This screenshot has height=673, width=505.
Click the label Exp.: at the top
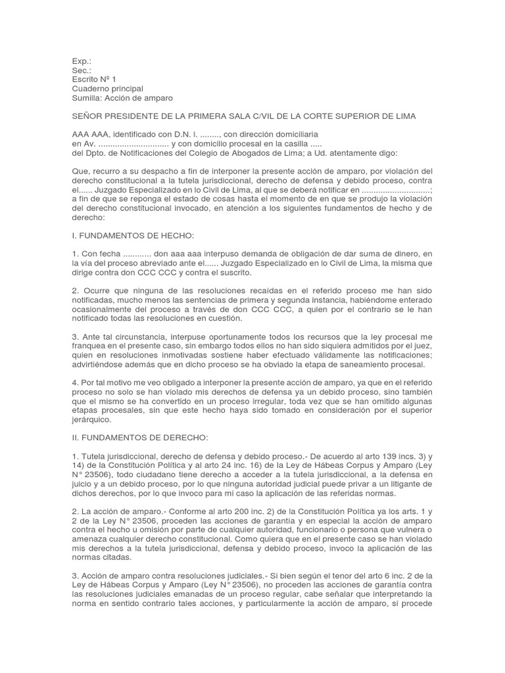[x=82, y=60]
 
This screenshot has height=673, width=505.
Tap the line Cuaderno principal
[x=108, y=88]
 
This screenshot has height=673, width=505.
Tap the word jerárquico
[x=93, y=420]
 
